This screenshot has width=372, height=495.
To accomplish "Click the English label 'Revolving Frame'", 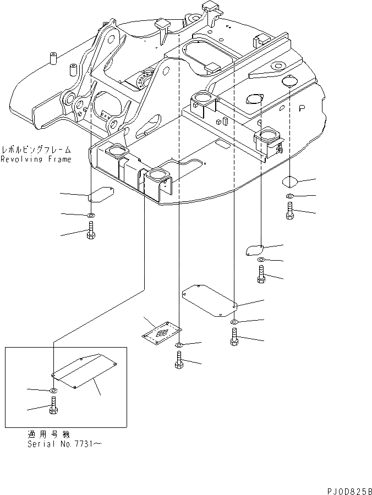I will click(x=36, y=159).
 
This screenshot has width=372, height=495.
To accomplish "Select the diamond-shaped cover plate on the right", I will click(x=291, y=182).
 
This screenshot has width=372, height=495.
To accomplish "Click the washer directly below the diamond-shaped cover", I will click(x=290, y=196).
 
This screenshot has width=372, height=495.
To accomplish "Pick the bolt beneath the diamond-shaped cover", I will click(x=290, y=211).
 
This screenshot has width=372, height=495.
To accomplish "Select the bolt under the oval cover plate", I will click(x=261, y=274).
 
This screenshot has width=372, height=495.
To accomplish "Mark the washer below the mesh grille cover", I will click(x=179, y=345).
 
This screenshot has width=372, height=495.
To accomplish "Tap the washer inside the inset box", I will click(x=53, y=391).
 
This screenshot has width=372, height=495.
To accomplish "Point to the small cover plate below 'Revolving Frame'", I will click(x=100, y=194).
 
